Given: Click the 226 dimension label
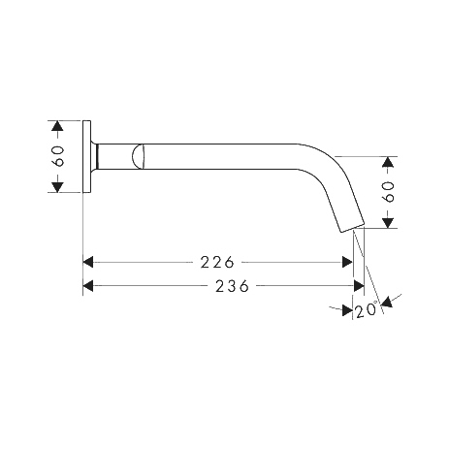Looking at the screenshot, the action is coord(217,262).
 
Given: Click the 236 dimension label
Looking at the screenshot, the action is coord(233,286).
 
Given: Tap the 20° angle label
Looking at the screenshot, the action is coord(367,309).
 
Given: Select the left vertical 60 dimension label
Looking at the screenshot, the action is coord(58,156).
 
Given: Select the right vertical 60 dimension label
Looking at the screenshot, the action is coord(388,192).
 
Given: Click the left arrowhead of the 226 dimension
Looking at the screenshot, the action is coord(88,262).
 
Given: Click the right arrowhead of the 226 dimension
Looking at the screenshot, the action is coord(347,262).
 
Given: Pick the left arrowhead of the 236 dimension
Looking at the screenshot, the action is coord(88,286).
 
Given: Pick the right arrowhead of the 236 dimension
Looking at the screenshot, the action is coord(359,286).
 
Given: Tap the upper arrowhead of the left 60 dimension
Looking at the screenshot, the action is coord(57,126).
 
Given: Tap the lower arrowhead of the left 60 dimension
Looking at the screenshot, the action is coord(57,187).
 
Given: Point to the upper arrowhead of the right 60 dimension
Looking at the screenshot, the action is coord(388,162).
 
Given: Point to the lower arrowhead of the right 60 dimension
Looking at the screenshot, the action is coord(388,223).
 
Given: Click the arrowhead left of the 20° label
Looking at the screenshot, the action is coord(347,310).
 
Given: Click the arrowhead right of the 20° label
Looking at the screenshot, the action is coord(387,302).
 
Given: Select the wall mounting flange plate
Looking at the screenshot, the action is coord(87,157).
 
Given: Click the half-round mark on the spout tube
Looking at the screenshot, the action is coord(138,156).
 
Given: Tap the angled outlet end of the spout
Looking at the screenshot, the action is coord(352,227).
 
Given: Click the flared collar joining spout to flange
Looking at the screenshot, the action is coord(94,156).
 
